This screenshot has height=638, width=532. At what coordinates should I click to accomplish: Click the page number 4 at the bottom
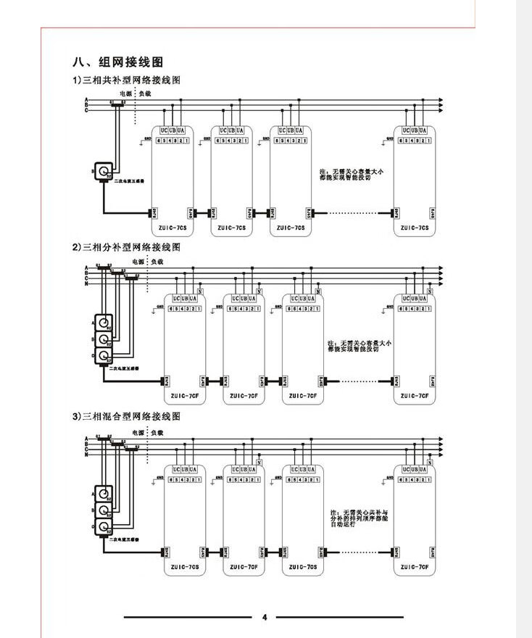265,618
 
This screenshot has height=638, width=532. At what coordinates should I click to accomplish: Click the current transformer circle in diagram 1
101,171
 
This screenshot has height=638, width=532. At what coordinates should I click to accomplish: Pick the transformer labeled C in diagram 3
106,527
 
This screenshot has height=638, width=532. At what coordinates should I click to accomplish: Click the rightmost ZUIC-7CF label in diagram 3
415,566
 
